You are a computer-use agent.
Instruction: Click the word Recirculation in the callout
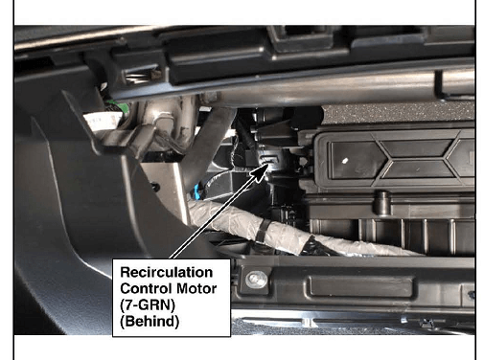pos(167,272)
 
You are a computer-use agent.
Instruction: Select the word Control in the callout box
pos(147,288)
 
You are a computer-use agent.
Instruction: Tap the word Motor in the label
pos(196,288)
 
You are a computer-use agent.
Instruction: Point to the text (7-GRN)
pos(148,305)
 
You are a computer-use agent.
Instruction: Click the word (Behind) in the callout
pos(150,322)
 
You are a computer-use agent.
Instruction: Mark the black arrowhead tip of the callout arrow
pos(269,163)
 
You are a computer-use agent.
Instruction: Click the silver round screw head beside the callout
pos(257,279)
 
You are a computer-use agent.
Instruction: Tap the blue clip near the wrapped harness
pos(196,191)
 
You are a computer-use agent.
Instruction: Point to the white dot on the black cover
pos(345,161)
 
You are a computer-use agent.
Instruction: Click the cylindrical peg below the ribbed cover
pos(381,202)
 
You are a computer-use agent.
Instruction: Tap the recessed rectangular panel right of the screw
pos(360,286)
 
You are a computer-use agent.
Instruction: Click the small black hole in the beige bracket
pos(155,187)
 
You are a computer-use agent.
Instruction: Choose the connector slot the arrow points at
pos(270,159)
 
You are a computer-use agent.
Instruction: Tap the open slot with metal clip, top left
pos(140,76)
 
